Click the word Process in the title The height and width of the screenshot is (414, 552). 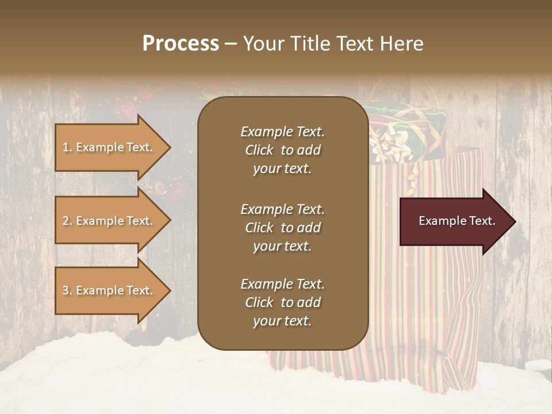pyautogui.click(x=181, y=43)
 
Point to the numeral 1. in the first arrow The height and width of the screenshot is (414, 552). pyautogui.click(x=67, y=147)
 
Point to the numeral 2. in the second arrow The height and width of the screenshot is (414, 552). pyautogui.click(x=67, y=221)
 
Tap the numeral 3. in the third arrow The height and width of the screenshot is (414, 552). pyautogui.click(x=67, y=290)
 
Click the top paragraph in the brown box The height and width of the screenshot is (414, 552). pyautogui.click(x=282, y=150)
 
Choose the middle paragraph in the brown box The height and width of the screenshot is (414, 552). pyautogui.click(x=282, y=227)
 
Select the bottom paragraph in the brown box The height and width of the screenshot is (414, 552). pyautogui.click(x=282, y=302)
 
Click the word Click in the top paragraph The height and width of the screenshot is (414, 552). pyautogui.click(x=259, y=150)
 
